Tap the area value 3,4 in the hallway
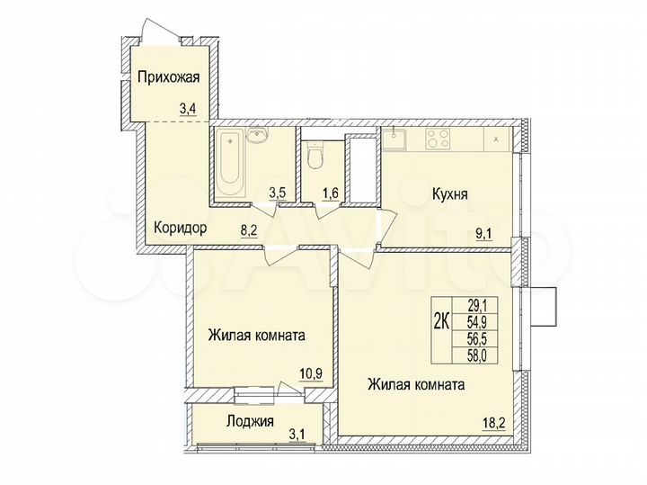click(188, 110)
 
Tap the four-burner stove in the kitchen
click(438, 139)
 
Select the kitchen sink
click(395, 139)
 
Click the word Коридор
click(181, 228)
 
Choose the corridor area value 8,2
click(248, 229)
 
